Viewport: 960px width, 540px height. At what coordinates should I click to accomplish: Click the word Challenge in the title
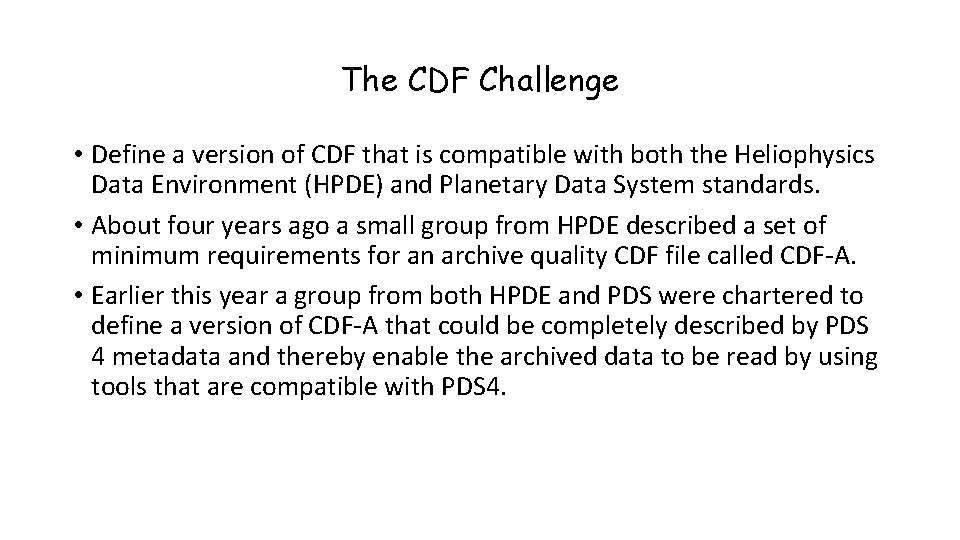[548, 81]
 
